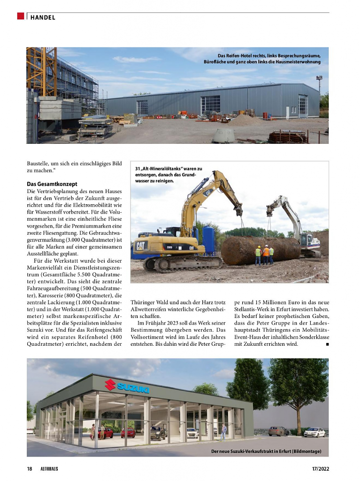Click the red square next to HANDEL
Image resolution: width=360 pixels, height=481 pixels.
tap(21, 16)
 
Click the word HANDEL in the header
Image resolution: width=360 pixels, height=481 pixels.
tap(43, 17)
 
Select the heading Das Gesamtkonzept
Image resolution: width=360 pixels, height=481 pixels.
tap(52, 184)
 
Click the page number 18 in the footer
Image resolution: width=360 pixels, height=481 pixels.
tap(29, 469)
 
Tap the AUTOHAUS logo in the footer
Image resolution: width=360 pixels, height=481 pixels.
tap(49, 469)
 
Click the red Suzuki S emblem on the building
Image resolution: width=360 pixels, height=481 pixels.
tap(110, 384)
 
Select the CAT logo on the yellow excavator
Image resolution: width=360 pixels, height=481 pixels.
tap(141, 246)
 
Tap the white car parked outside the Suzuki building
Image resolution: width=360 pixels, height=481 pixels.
tap(314, 432)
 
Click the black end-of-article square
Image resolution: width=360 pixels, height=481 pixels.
tap(327, 344)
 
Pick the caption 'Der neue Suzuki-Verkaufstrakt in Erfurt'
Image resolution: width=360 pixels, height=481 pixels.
tap(266, 451)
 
